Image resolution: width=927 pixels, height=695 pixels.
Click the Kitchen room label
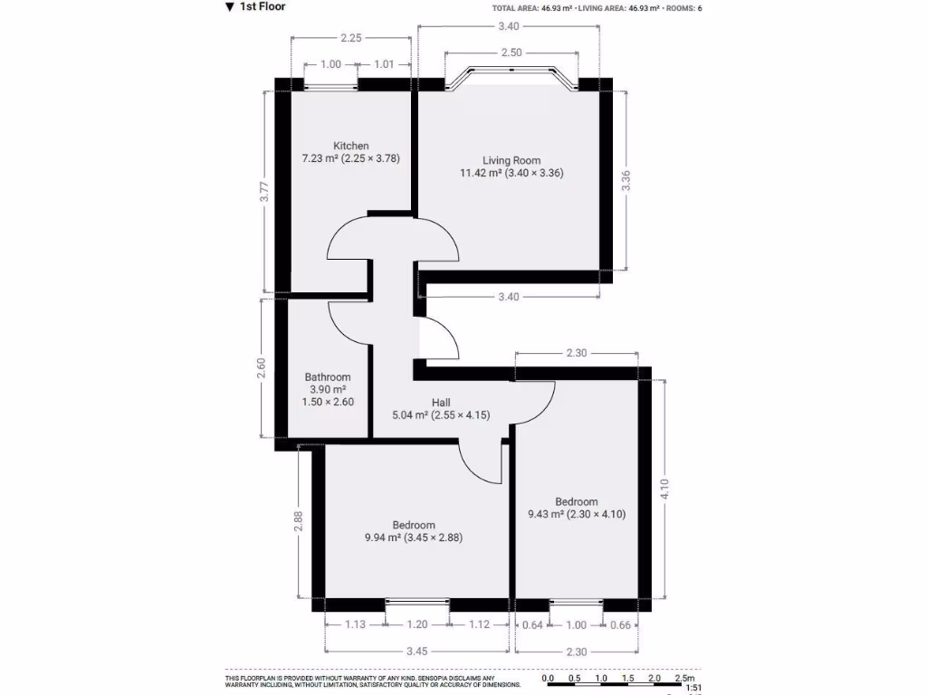[351, 146]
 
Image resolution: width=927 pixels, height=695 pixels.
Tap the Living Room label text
[511, 161]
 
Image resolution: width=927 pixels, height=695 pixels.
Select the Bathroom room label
[328, 377]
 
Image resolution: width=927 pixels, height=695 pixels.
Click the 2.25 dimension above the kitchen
[351, 38]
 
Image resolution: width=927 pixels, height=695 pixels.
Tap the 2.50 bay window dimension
[511, 53]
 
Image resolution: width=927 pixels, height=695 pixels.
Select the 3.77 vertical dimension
[263, 193]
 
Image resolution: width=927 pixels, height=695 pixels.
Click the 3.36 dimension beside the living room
[626, 180]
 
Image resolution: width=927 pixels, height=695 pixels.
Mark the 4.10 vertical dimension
[665, 489]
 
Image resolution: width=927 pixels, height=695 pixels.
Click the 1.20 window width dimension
[416, 624]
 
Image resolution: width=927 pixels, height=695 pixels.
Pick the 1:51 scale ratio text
[694, 689]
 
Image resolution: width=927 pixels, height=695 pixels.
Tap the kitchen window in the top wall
[330, 86]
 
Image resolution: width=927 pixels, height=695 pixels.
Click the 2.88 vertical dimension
[298, 523]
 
